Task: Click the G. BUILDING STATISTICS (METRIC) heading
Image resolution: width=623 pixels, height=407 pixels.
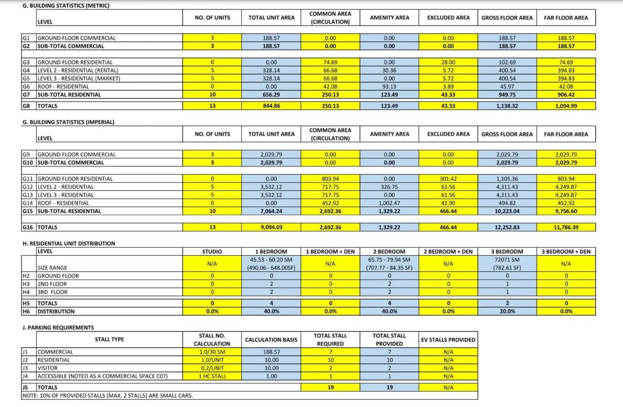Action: [66, 6]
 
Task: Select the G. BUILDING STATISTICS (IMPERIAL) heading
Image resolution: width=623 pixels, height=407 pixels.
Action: [68, 122]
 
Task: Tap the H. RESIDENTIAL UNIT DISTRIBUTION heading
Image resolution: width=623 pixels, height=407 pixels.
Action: [68, 243]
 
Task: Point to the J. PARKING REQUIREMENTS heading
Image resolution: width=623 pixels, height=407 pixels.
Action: [58, 327]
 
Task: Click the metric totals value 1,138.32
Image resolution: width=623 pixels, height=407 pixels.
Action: [507, 106]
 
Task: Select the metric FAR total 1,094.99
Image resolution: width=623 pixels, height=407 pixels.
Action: [566, 106]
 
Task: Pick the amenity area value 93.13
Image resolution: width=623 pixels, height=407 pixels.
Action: [389, 86]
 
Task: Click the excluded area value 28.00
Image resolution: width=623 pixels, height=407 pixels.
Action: [448, 62]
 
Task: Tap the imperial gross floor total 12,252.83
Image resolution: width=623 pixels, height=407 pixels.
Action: [507, 227]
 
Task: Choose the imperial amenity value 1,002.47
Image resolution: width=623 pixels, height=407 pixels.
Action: [389, 203]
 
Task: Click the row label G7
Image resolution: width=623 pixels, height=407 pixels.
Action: [26, 95]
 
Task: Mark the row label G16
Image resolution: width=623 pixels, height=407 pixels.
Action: [28, 227]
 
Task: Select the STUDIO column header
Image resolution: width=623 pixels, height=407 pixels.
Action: [212, 251]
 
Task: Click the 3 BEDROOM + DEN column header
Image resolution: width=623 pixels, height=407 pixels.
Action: [566, 251]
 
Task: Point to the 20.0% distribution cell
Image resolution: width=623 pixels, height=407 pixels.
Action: [507, 311]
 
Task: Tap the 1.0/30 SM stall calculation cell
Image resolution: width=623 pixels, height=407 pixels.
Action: [212, 352]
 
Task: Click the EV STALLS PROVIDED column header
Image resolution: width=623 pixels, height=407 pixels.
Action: [448, 339]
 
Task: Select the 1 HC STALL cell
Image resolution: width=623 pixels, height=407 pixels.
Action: [212, 376]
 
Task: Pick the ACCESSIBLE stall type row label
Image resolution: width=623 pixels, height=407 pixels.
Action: [103, 376]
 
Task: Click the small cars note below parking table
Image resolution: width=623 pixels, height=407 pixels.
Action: [107, 396]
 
